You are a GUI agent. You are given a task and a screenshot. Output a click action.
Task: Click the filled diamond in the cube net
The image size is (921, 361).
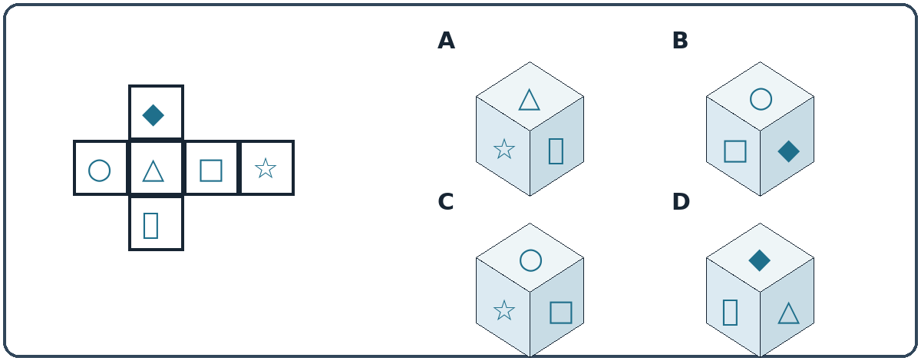[x=153, y=115]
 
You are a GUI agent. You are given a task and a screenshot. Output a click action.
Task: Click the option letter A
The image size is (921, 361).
[x=446, y=41]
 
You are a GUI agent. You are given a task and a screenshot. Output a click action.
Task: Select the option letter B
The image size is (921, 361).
[x=680, y=41]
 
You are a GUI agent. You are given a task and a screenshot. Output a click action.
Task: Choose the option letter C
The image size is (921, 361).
[x=446, y=202]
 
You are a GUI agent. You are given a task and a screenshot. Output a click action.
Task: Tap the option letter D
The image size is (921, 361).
[x=681, y=202]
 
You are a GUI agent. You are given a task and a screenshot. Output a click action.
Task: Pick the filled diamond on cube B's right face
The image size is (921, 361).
[x=789, y=151]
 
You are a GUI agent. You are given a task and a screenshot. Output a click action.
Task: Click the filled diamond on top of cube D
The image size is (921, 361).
[x=759, y=260]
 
